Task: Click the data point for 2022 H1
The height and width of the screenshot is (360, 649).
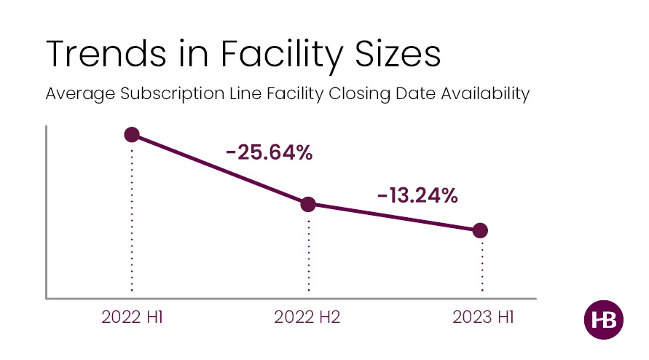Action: (132, 135)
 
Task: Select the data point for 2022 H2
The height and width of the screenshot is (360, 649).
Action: (308, 204)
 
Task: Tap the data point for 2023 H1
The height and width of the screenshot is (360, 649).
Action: (480, 230)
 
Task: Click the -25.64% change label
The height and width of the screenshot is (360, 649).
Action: (269, 154)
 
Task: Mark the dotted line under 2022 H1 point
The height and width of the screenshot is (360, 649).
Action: (132, 219)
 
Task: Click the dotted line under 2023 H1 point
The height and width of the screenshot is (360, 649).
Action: (481, 266)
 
